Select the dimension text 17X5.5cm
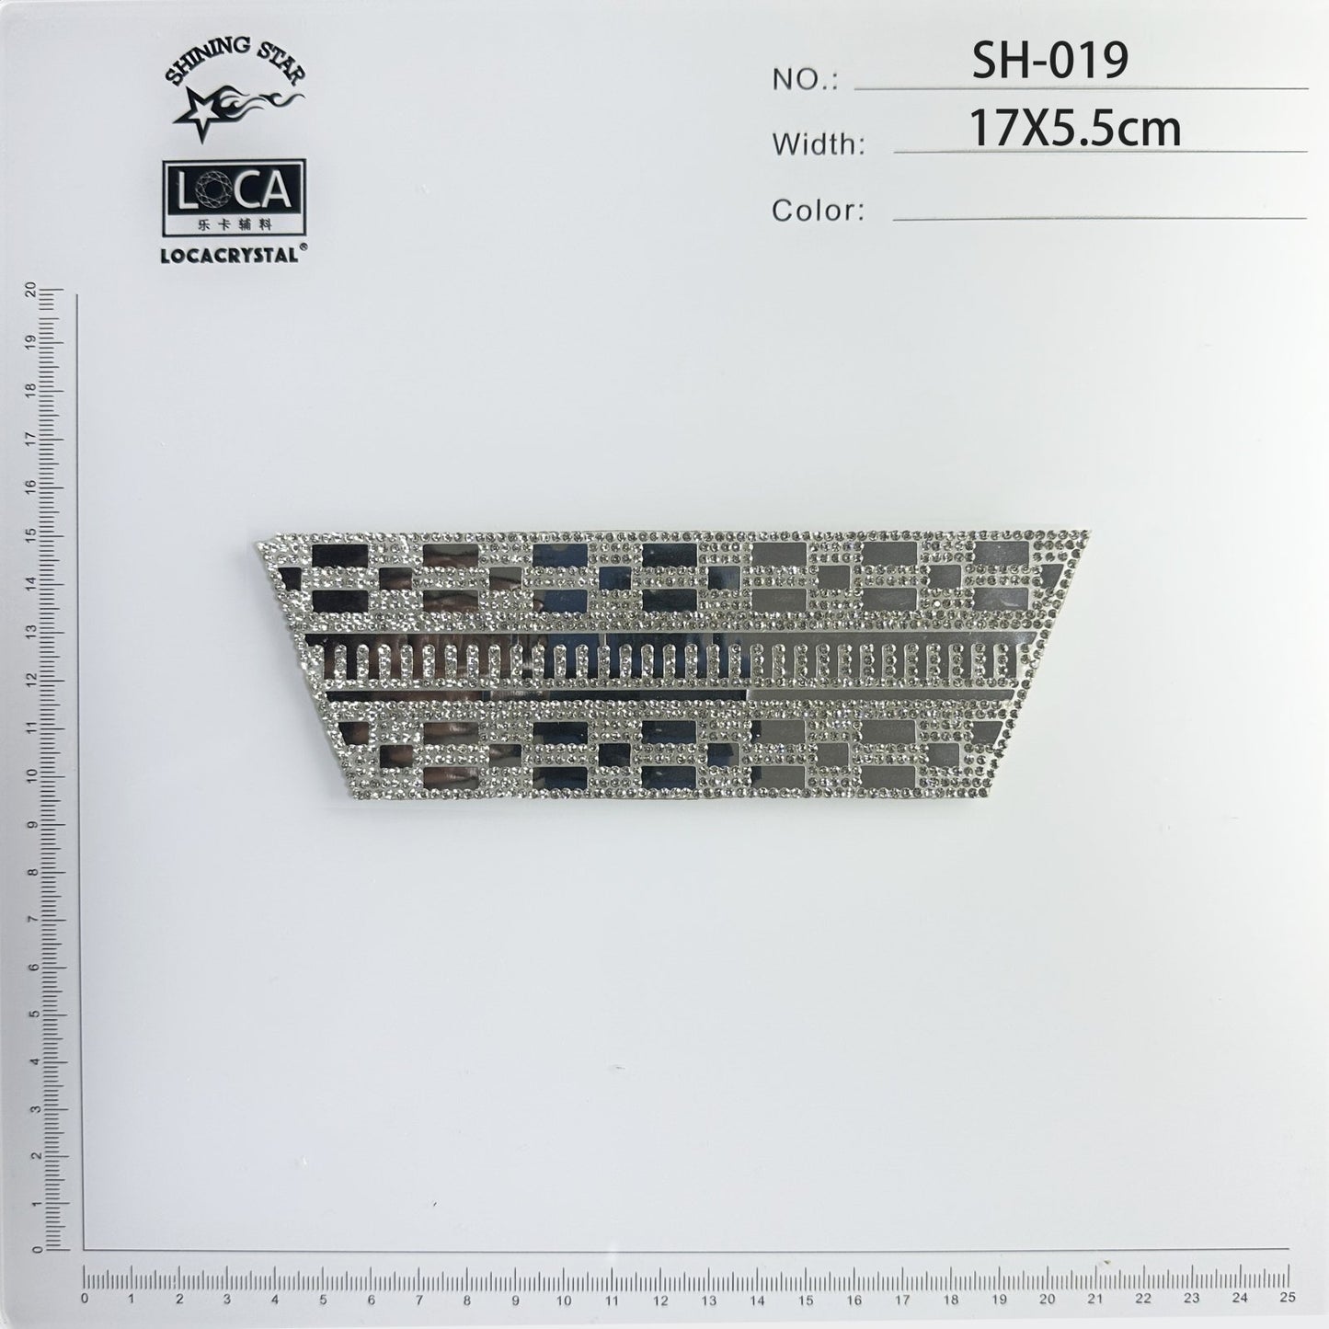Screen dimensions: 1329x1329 pyautogui.click(x=1075, y=129)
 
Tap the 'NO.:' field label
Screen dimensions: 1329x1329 pyautogui.click(x=805, y=81)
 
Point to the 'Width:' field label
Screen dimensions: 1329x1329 pyautogui.click(x=818, y=144)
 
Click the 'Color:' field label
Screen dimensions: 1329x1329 pyautogui.click(x=818, y=211)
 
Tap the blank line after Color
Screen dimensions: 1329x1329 pyautogui.click(x=1099, y=218)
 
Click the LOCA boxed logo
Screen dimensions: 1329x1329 pyautogui.click(x=234, y=190)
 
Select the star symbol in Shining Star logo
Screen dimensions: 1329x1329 pyautogui.click(x=202, y=112)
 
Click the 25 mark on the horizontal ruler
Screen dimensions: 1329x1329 pyautogui.click(x=1287, y=1298)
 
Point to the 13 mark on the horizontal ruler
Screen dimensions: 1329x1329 pyautogui.click(x=708, y=1298)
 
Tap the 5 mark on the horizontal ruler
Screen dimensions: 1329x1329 pyautogui.click(x=324, y=1298)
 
